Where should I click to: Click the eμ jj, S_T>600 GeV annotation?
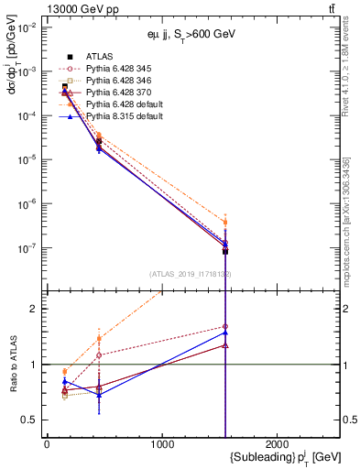(181, 34)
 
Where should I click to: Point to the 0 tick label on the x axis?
(47, 444)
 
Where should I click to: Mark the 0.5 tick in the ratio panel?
(31, 420)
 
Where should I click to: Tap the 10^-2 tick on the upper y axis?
(27, 27)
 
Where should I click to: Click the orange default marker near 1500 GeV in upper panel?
(225, 223)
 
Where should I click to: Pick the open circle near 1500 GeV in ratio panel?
(225, 326)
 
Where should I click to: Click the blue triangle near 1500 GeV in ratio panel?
(225, 333)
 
